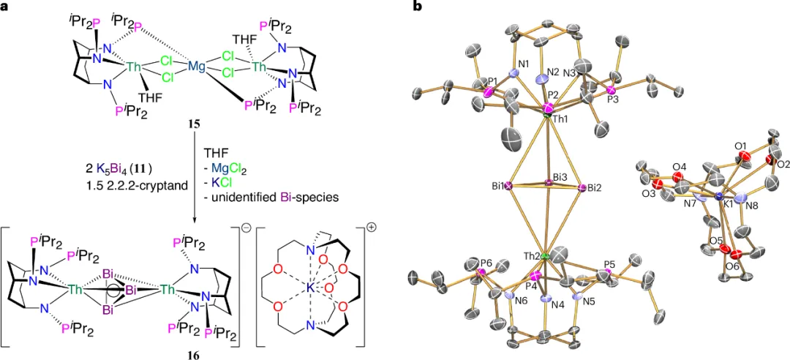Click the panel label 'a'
tap(6, 7)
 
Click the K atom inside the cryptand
tap(309, 290)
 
